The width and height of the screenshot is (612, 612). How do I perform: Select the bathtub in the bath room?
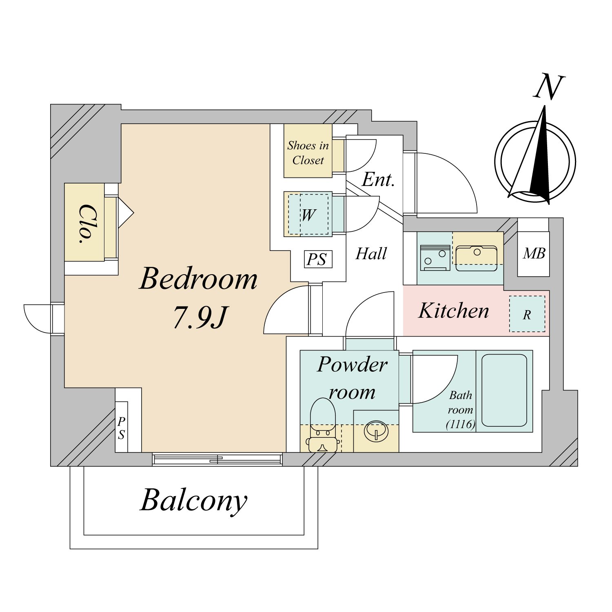(x=504, y=390)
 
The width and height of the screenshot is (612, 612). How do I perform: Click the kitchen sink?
(x=476, y=257)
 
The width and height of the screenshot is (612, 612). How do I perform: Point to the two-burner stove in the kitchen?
(x=435, y=258)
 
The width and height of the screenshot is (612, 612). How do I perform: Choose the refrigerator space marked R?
(x=527, y=314)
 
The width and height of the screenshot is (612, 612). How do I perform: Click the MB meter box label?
(x=534, y=254)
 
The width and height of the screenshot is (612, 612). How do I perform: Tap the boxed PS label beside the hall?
(x=318, y=259)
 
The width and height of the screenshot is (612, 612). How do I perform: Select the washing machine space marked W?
(x=308, y=215)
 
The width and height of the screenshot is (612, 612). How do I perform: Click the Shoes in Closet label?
(x=308, y=153)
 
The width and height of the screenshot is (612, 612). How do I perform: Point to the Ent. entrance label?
(x=379, y=180)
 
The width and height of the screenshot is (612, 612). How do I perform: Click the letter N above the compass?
(x=549, y=86)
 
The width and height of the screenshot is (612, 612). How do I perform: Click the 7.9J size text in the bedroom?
(x=200, y=317)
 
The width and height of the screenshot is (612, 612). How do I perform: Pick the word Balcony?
(x=194, y=500)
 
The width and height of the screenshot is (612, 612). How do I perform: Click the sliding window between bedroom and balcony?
(x=217, y=459)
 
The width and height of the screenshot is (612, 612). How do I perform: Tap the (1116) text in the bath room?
(x=461, y=424)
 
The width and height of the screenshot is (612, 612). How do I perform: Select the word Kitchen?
(x=454, y=311)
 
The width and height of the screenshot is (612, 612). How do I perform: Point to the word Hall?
(x=371, y=254)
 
